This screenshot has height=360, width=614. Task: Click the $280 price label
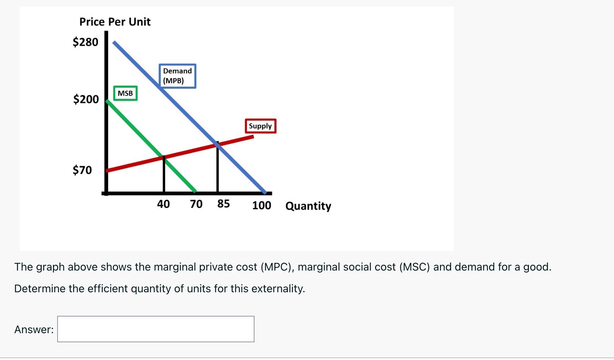coord(85,42)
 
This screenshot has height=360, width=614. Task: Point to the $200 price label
coord(86,99)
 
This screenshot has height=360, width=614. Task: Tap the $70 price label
coord(82,170)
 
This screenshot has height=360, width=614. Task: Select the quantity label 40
coord(163,204)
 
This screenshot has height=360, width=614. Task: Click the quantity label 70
coord(196,204)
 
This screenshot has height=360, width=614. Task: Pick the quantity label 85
coord(223,204)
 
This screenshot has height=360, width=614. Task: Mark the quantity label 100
coord(261,205)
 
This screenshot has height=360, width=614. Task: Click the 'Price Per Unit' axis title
coord(115,22)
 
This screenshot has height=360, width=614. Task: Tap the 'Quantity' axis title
coord(308,206)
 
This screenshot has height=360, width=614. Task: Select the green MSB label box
coord(125,93)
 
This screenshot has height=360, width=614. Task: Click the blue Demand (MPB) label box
coord(177,76)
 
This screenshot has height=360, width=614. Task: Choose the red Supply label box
coord(260,126)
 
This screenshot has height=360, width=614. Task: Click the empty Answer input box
coord(156,329)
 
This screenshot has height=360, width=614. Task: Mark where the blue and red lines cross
coord(218,145)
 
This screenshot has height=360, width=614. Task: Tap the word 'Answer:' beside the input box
coord(34,330)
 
